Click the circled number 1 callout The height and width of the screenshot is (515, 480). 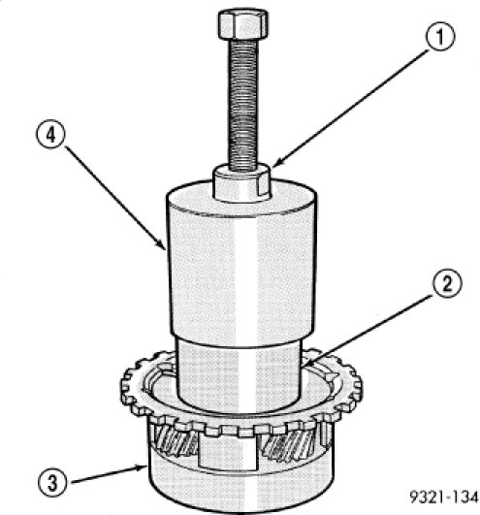pos(440,36)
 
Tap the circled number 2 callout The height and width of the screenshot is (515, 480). pos(447,283)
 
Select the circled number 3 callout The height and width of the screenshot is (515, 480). pos(52,483)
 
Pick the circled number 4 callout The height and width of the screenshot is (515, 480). pos(50,134)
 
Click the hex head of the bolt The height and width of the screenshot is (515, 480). pos(242,24)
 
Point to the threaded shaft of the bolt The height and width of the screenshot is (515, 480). pos(242,104)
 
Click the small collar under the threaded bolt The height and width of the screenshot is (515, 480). pos(242,183)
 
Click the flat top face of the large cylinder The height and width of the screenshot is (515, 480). pos(241,198)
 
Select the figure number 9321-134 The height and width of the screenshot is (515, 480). pos(444,497)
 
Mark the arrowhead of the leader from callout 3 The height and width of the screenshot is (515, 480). pos(142,467)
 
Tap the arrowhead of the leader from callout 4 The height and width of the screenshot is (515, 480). pos(162,245)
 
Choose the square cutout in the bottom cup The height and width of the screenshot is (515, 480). pos(228,452)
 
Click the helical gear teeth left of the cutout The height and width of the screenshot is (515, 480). pos(176,441)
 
